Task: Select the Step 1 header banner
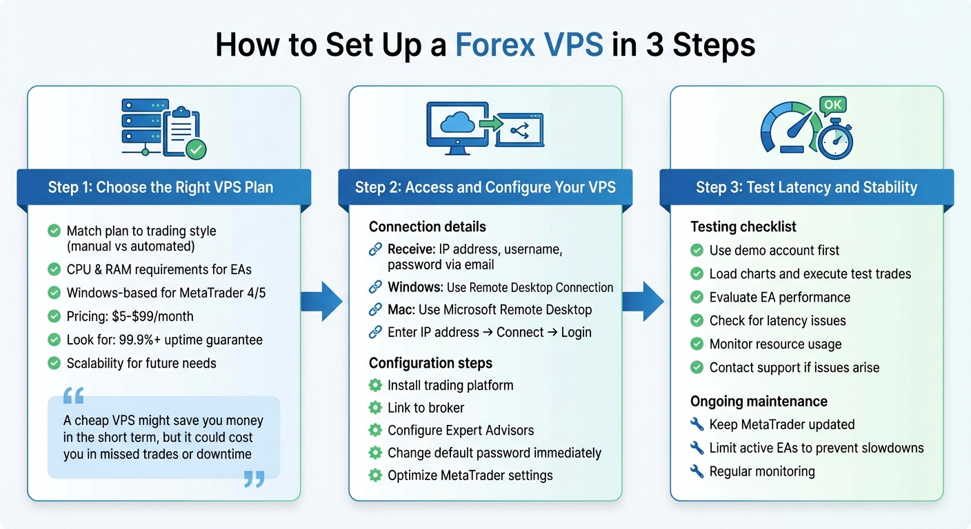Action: tap(161, 187)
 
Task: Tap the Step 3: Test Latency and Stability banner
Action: tap(806, 187)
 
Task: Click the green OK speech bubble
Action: tap(833, 105)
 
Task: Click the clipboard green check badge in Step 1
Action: tap(196, 149)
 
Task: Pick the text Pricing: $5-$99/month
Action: tap(130, 316)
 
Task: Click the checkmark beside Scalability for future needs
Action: tap(54, 363)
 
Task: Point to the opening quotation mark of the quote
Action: tap(73, 395)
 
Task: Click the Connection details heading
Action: tap(427, 227)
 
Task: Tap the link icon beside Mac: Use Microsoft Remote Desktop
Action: tap(376, 310)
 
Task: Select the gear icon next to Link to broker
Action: tap(376, 407)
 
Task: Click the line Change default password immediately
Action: tap(494, 453)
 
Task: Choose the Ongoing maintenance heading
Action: tap(759, 401)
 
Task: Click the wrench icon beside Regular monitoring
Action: tap(697, 471)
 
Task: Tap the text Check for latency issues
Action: tap(777, 320)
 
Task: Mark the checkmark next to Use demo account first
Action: tap(697, 251)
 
